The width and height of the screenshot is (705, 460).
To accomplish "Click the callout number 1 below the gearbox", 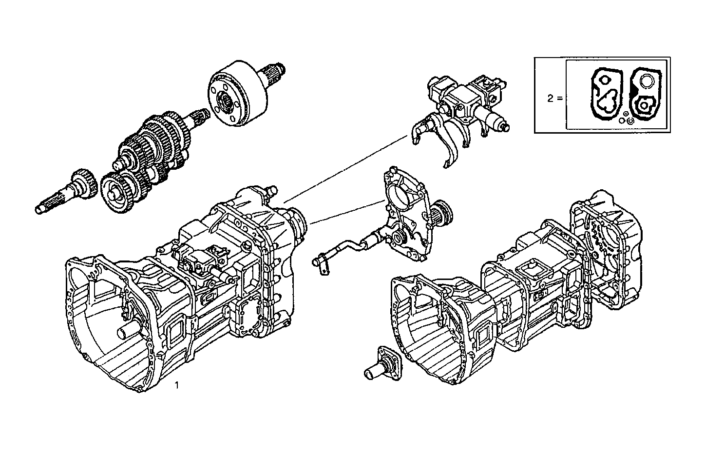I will pyautogui.click(x=177, y=385).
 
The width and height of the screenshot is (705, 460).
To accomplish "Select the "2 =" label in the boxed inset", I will pyautogui.click(x=554, y=98).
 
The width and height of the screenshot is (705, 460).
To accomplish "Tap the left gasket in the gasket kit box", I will pyautogui.click(x=605, y=95).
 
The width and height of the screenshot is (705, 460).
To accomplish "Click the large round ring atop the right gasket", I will pyautogui.click(x=647, y=81).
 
